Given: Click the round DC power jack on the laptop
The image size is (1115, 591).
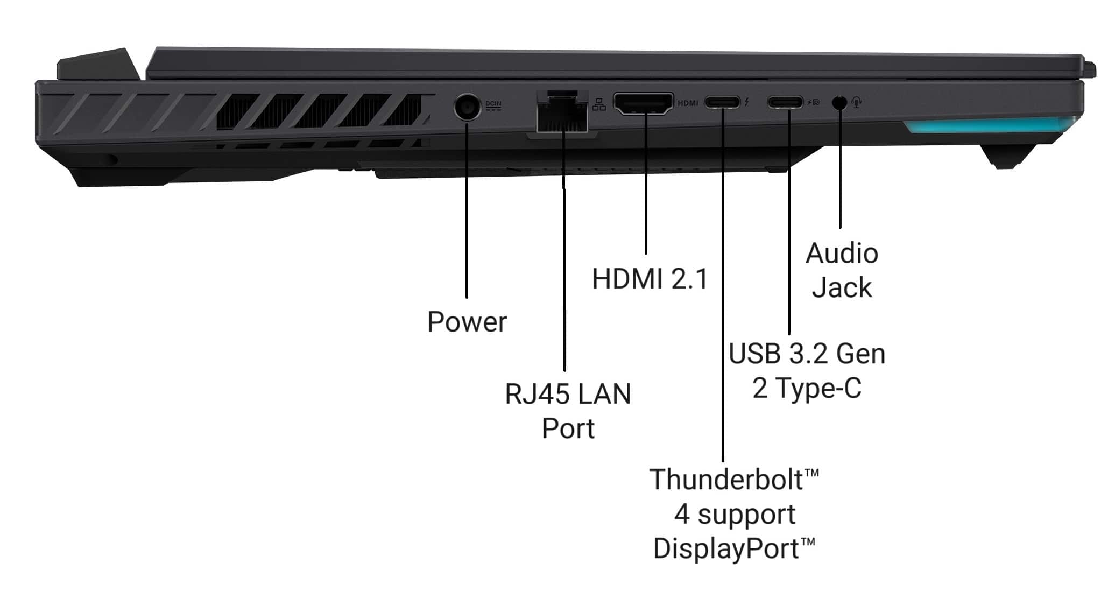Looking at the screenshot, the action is [x=467, y=107].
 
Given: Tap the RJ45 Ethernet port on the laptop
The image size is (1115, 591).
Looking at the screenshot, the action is [x=562, y=112].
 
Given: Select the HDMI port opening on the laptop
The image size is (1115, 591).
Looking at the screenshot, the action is [x=644, y=103].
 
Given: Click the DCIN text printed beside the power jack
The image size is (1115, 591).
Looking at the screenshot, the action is [x=493, y=105].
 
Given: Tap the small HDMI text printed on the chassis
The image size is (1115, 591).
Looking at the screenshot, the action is [x=688, y=103].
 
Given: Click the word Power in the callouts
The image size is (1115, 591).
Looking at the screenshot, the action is [x=467, y=322].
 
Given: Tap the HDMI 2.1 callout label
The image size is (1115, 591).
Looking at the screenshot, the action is [x=650, y=279].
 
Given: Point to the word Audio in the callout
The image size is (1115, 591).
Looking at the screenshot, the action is [x=842, y=253].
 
